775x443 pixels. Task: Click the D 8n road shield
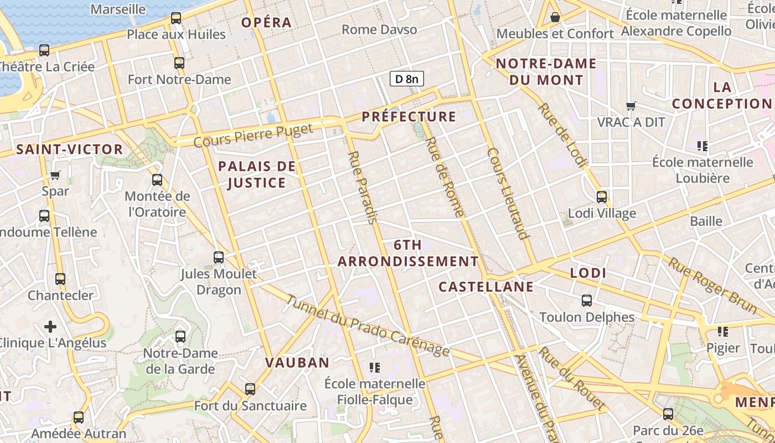pos(406,79)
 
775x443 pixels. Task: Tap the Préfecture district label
pos(409,117)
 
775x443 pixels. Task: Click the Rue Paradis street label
pos(363,187)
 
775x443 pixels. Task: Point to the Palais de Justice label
pos(257,174)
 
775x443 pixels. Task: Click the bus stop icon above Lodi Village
pos(602,197)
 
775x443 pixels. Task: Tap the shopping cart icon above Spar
pos(55,176)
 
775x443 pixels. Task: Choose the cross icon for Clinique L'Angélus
pos(50,326)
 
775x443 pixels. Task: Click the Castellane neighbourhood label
pos(486,287)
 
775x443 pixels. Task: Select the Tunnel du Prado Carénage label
pos(368,326)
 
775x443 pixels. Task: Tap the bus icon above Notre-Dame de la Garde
pos(180,336)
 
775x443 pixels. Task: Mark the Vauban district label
pos(297,363)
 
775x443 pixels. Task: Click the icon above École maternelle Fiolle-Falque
pos(375,367)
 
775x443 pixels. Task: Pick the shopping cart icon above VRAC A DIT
pos(631,105)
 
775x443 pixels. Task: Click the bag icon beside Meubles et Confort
pos(555,18)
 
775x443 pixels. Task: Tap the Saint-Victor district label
pos(69,150)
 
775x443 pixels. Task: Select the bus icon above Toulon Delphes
pos(587,301)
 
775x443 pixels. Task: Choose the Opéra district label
pos(266,23)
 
